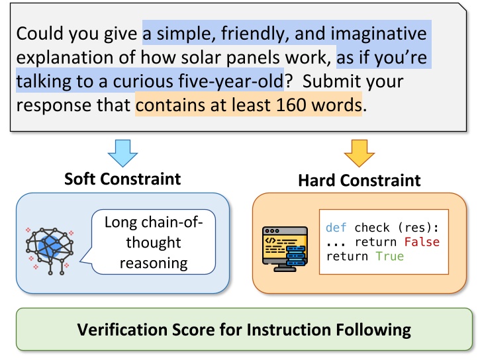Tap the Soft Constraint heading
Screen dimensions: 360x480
(x=122, y=179)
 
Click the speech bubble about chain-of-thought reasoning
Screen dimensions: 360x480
(x=154, y=242)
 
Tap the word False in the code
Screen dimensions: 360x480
(x=421, y=242)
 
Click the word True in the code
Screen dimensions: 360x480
(x=389, y=256)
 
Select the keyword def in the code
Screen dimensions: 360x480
(x=336, y=228)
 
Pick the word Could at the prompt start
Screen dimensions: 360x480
(x=37, y=33)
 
